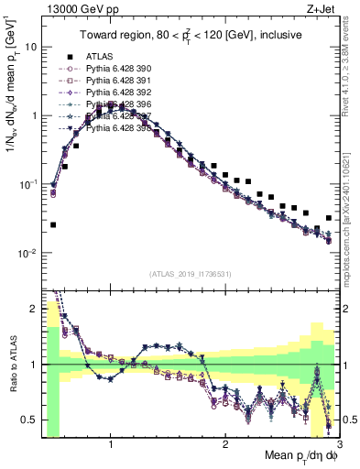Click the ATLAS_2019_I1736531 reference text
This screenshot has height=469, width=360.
(x=190, y=274)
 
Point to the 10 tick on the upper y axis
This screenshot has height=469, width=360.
(x=30, y=46)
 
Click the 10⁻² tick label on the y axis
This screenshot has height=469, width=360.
(x=27, y=253)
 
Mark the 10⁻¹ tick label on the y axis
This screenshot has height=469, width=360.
(x=27, y=184)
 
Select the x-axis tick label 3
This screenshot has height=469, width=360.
(x=339, y=445)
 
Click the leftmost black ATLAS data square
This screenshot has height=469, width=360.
(x=53, y=224)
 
